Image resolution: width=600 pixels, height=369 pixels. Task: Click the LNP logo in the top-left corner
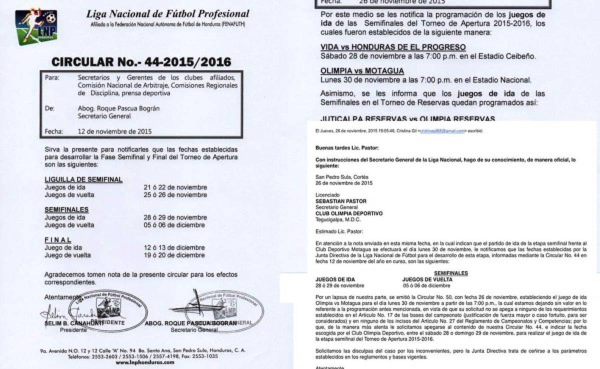[x=36, y=26]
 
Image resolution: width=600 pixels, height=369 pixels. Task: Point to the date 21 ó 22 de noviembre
[x=175, y=187]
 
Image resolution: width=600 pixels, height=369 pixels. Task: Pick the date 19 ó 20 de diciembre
[x=175, y=255]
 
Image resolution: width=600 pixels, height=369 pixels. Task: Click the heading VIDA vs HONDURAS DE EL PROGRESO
[x=393, y=47]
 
